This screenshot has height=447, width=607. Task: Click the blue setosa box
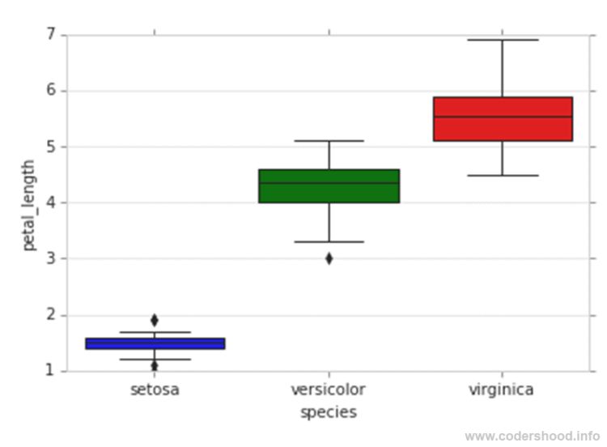[155, 343]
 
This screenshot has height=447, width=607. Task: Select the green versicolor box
[329, 186]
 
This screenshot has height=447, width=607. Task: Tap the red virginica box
[503, 119]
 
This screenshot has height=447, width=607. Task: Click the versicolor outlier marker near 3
[329, 258]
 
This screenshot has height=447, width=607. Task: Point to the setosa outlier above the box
[155, 320]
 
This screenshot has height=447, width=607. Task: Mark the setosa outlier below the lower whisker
[155, 366]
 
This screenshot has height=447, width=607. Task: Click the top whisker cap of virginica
[503, 40]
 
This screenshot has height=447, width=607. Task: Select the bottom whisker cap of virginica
[503, 175]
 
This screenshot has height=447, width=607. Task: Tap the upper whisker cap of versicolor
[329, 141]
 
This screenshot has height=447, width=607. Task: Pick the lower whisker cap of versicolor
[329, 241]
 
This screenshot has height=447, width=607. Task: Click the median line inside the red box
[503, 117]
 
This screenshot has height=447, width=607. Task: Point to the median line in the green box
[329, 183]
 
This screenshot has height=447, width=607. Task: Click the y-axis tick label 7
[50, 35]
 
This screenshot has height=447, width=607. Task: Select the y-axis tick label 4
[50, 202]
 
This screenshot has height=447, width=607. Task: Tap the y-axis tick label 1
[50, 371]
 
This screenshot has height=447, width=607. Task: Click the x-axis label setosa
[155, 390]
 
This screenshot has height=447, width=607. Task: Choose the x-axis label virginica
[502, 390]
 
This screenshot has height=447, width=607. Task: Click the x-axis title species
[328, 413]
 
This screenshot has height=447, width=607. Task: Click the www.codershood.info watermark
[532, 436]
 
